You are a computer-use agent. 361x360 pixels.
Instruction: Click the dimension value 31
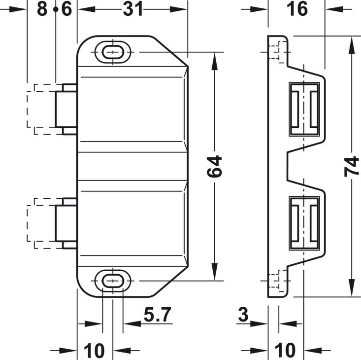133,9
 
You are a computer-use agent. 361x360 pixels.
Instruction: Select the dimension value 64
214,166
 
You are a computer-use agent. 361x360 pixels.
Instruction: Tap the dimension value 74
352,166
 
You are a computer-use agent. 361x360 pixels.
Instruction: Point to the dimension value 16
297,9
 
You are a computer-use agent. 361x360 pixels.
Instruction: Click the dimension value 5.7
158,314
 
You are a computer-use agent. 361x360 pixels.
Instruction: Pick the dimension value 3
243,314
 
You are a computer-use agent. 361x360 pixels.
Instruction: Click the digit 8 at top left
42,9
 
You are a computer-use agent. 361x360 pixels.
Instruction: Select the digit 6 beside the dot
67,9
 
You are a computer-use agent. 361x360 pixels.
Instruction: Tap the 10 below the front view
94,351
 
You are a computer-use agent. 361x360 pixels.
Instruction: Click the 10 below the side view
285,351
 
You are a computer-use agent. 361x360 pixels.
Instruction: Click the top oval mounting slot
113,52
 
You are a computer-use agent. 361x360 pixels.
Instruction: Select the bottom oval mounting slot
113,281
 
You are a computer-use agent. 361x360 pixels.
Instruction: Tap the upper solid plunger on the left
66,109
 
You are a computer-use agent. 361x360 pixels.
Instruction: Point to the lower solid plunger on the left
66,223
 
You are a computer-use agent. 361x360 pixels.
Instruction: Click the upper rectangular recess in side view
304,109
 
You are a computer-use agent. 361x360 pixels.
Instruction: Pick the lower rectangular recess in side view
304,223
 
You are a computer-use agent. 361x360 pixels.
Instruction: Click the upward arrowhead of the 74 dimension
352,46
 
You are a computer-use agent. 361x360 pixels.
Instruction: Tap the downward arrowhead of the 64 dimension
215,272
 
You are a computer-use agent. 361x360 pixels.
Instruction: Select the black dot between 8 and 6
56,9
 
